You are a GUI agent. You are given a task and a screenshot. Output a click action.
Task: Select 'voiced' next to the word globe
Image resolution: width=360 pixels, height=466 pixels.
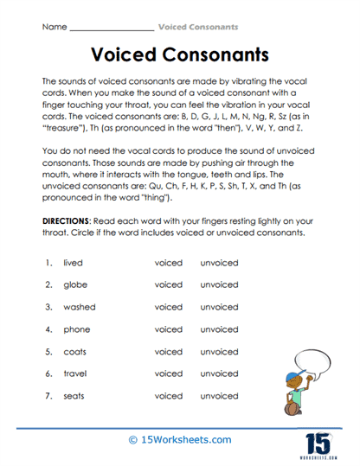coord(169,284)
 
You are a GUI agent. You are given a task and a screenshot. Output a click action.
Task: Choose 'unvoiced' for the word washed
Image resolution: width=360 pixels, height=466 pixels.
coord(218,307)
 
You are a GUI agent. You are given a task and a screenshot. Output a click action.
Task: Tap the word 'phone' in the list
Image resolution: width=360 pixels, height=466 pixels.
coord(78,329)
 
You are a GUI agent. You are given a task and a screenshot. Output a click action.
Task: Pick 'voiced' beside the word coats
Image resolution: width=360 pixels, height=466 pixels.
coord(169,352)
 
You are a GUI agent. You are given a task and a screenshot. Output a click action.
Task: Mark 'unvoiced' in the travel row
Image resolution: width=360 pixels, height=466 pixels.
coord(218,373)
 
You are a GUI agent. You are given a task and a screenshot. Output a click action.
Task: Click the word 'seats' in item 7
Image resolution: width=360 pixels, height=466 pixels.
coord(76,396)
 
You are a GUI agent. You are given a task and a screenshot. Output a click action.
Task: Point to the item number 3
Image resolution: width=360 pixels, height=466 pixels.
coord(49,307)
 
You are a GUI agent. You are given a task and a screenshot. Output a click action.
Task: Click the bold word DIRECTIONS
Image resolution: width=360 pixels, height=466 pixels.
coord(71,221)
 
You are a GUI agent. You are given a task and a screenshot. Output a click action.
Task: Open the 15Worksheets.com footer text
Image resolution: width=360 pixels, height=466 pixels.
coord(179,439)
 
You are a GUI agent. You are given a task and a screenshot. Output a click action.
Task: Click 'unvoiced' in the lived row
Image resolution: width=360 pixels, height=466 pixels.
coord(218,262)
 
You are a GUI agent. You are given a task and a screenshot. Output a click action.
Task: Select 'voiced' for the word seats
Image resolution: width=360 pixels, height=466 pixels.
coord(169,396)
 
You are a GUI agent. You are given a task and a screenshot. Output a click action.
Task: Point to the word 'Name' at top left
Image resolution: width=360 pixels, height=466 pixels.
coord(54,27)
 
